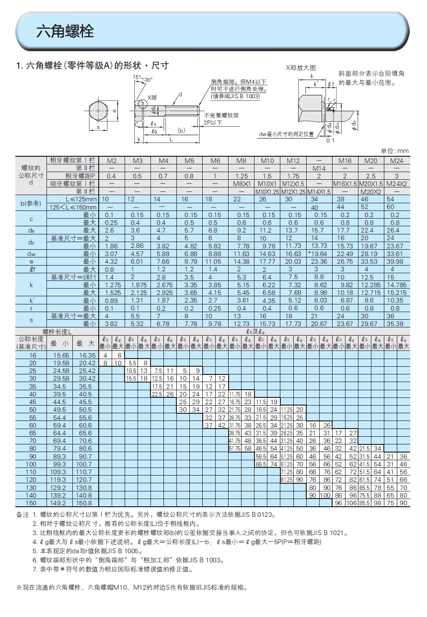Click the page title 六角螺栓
coord(65,32)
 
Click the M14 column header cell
coord(319,168)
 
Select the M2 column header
coord(111,160)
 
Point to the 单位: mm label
coord(394,151)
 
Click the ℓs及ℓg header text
coord(255,331)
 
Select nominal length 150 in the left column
coord(33,503)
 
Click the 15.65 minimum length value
coord(60,355)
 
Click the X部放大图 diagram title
coord(300,68)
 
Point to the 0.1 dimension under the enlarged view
coord(330,140)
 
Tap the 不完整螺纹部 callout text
coord(221,116)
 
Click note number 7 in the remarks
coord(35,569)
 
